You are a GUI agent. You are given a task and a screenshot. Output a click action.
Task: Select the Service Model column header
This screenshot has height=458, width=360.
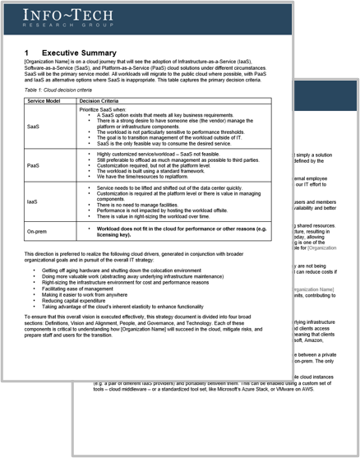[x=45, y=100]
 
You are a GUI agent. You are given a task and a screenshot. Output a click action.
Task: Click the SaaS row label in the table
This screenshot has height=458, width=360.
[x=33, y=127]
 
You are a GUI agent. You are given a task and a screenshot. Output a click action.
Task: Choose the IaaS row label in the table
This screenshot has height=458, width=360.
[x=33, y=200]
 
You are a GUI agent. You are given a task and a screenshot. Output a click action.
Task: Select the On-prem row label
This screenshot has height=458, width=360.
[x=38, y=231]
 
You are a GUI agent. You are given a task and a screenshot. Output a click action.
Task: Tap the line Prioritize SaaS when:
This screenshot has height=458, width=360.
[x=104, y=108]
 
